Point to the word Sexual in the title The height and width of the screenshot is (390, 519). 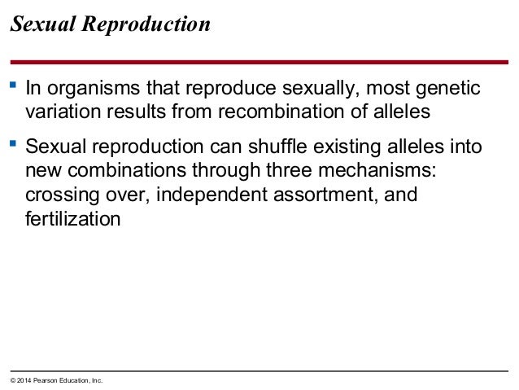(38, 25)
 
